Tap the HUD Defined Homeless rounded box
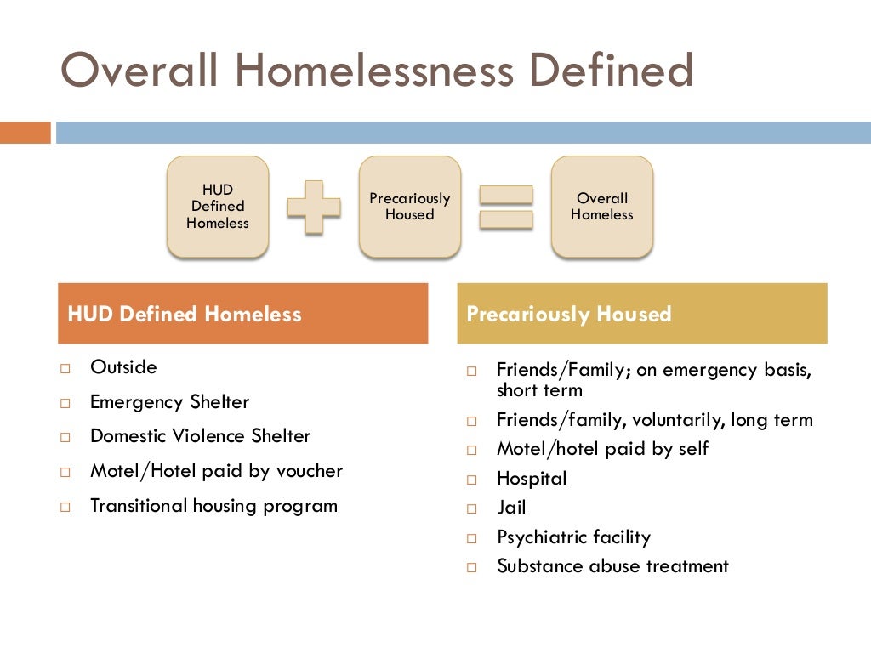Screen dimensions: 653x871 coord(218,207)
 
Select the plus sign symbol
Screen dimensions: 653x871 coord(313,207)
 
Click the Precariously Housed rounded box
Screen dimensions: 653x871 coord(410,207)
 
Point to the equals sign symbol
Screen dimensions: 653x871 coord(506,207)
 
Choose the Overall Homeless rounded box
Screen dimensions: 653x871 coord(602,207)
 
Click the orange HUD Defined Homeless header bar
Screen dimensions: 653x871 coord(242,314)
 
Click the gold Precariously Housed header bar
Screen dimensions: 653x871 coord(642,314)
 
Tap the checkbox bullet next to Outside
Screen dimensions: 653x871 coord(65,369)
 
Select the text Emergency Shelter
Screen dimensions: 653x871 coord(169,402)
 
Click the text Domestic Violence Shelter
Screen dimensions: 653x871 coord(200,436)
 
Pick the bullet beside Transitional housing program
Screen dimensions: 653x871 coord(65,507)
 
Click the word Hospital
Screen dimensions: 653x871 coord(532,479)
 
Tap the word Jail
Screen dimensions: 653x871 coord(511,508)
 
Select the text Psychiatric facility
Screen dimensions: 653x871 coord(573,537)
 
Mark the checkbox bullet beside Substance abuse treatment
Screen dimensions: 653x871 coord(473,567)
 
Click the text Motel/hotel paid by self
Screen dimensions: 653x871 coord(602,449)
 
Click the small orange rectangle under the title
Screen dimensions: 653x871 coord(26,133)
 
